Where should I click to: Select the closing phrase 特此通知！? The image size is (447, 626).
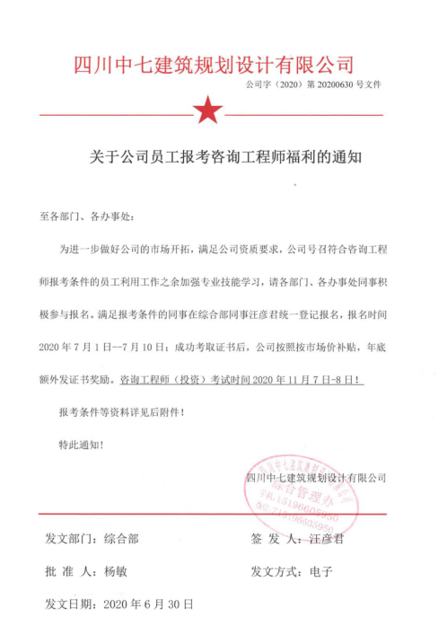81,444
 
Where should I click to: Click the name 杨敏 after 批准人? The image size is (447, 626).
117,571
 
